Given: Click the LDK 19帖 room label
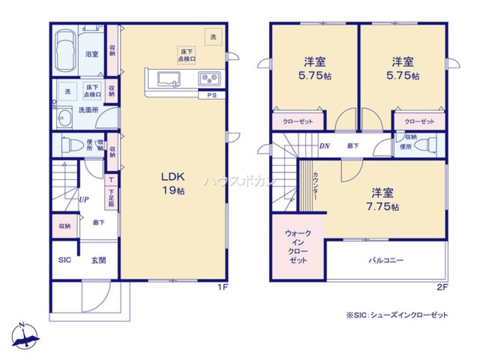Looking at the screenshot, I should (x=172, y=183).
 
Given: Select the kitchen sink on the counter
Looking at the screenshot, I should (x=168, y=78).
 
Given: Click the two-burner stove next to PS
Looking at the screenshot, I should (x=209, y=78).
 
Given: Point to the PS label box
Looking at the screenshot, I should (x=212, y=95).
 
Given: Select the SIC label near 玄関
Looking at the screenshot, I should (x=65, y=260).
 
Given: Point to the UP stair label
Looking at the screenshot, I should (x=84, y=199).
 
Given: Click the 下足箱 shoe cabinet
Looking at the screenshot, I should (x=111, y=198).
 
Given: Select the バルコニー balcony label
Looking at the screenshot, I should (x=385, y=261).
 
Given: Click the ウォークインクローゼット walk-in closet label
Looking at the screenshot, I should (x=298, y=247).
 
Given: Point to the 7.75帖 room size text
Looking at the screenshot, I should (x=383, y=207).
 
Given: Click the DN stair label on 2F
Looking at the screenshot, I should (x=324, y=146).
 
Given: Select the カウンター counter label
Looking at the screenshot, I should (x=315, y=186).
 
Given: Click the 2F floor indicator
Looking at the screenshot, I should (x=442, y=288).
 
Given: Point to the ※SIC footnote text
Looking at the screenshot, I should (x=396, y=315).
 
